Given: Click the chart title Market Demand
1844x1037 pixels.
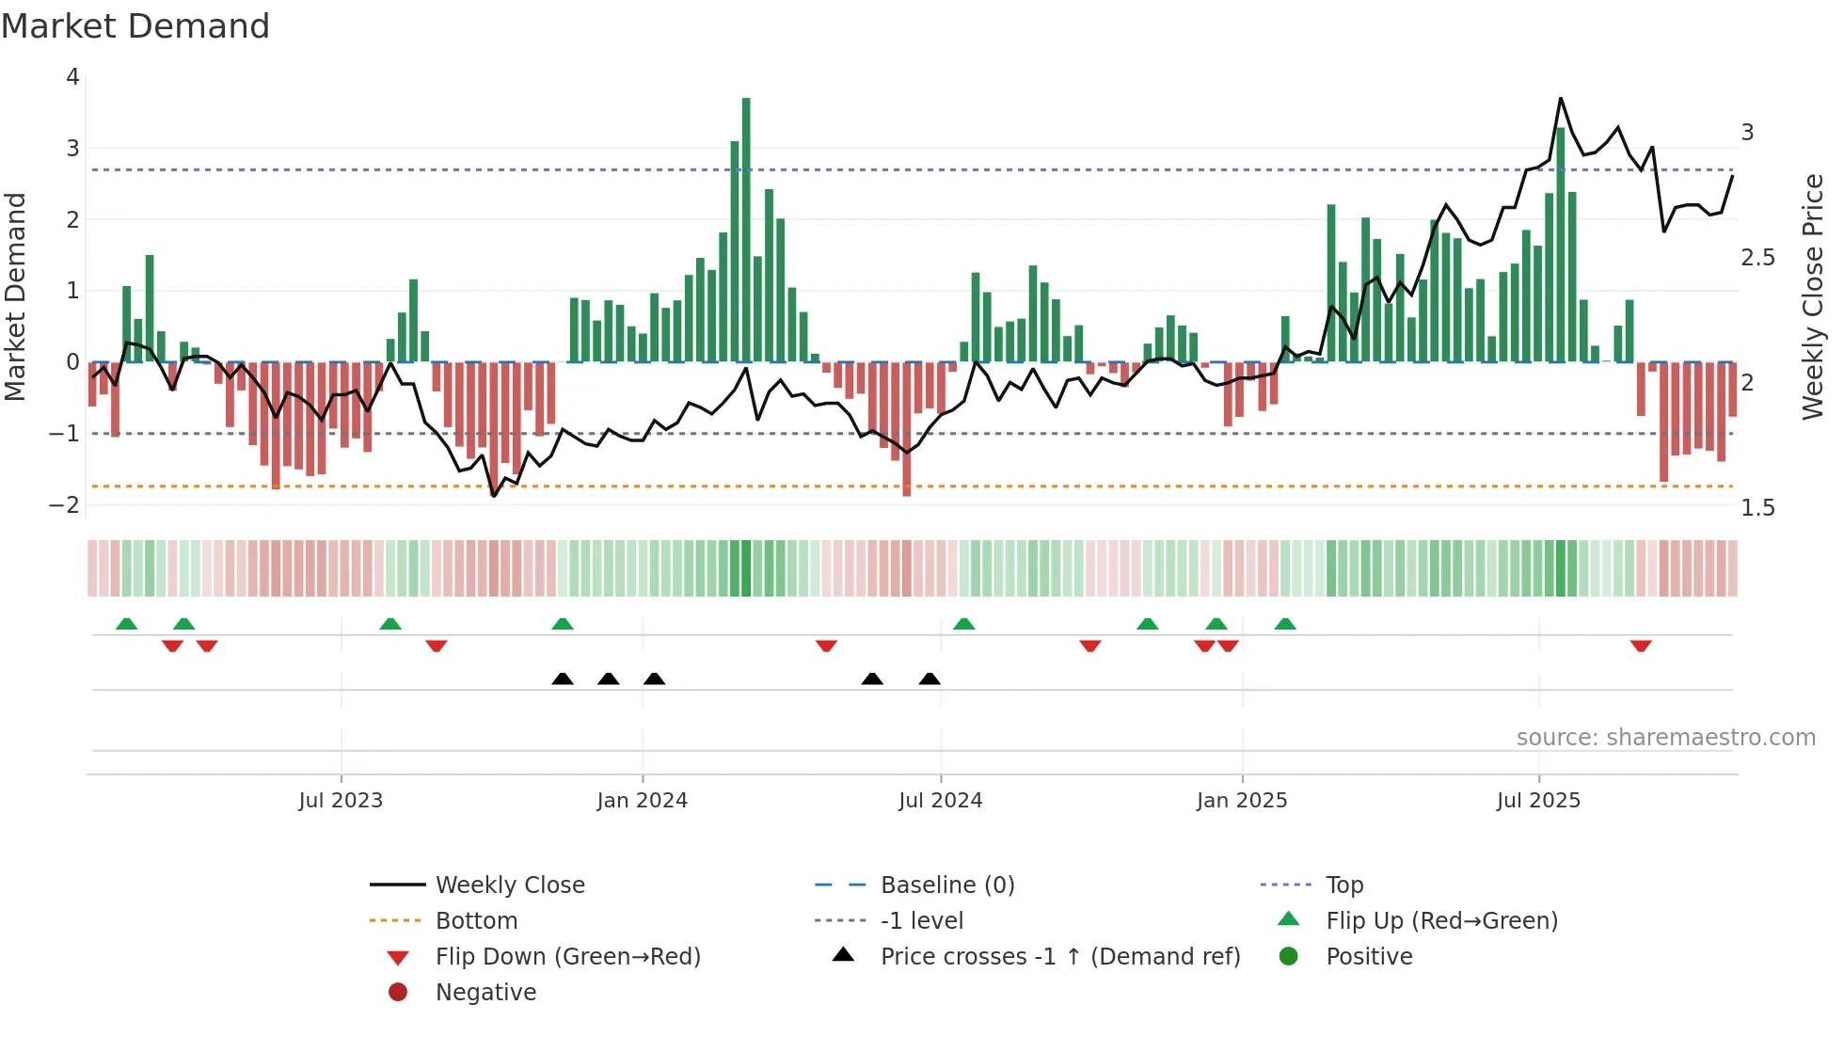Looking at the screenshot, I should tap(135, 26).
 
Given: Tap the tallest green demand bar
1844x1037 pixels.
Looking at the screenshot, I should tap(746, 226).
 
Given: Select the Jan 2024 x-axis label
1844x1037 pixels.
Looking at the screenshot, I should tap(642, 801).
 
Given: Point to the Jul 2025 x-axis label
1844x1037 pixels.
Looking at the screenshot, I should tap(1538, 801).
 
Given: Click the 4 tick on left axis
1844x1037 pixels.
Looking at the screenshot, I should tap(72, 77).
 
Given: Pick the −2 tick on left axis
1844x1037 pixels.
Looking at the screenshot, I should tap(65, 504).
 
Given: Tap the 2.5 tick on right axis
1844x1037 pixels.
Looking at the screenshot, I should tap(1757, 258).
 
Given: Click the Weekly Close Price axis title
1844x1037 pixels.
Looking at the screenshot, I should tap(1812, 296).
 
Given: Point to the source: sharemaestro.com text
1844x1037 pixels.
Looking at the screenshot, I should tap(1665, 737).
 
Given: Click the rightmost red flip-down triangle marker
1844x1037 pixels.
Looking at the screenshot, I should tap(1641, 646).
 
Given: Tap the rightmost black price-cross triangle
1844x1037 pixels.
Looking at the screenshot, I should tap(930, 678).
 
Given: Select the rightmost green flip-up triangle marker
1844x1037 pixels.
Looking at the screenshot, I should tap(1285, 624).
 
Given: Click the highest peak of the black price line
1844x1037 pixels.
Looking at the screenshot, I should tap(1560, 99).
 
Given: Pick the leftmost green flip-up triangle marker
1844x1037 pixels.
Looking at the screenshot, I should tap(126, 624).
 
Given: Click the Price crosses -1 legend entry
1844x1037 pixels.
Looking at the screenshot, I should tap(1059, 956).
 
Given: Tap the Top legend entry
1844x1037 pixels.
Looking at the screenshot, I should tap(1343, 885).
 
